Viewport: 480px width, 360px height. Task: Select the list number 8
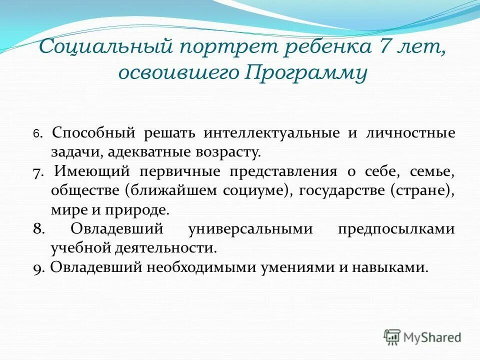(38, 229)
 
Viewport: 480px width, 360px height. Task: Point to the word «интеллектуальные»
(270, 133)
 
